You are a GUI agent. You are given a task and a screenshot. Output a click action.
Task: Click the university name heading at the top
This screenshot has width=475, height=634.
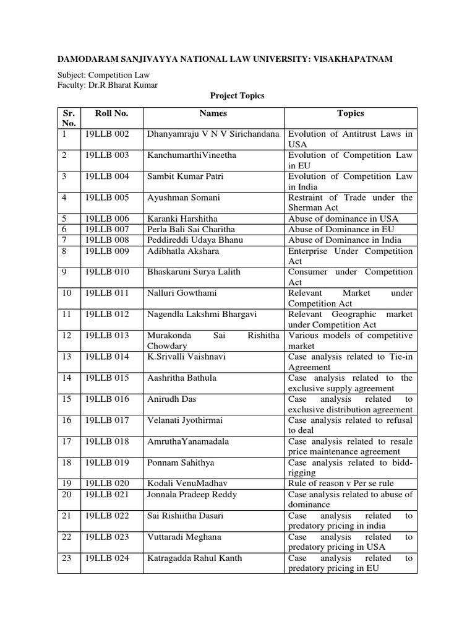pos(225,59)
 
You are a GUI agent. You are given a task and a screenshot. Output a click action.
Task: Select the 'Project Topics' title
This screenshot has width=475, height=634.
pos(237,96)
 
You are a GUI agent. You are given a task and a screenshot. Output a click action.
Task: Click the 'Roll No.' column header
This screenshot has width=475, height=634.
pos(111,113)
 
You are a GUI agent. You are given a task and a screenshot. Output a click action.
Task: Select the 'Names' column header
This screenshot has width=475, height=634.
pos(213,113)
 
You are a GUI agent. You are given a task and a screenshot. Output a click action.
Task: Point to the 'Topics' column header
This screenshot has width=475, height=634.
pos(350,113)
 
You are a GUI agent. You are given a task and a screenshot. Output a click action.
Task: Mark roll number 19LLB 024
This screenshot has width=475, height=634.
pos(107,558)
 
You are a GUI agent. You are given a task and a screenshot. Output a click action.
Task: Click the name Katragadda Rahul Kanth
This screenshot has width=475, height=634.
pos(194,558)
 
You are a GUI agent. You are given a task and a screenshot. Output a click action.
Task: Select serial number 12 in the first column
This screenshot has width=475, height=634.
pos(66,335)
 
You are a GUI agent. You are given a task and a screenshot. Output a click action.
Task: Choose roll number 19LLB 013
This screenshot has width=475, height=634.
pos(107,335)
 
